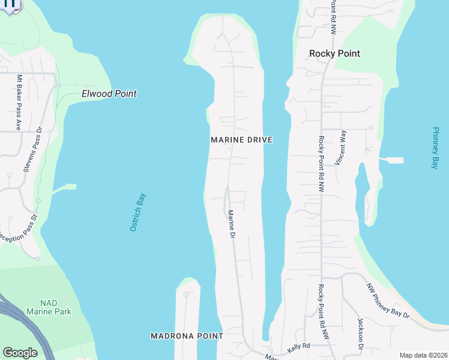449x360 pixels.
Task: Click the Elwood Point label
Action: pyautogui.click(x=109, y=94)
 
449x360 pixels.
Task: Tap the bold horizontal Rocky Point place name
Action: pyautogui.click(x=334, y=53)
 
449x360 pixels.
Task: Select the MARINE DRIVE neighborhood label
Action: pyautogui.click(x=242, y=140)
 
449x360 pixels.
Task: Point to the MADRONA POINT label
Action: pyautogui.click(x=187, y=336)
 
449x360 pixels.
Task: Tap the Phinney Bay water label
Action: pyautogui.click(x=436, y=148)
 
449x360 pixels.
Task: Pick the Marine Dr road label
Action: pyautogui.click(x=231, y=223)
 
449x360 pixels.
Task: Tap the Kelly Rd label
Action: pyautogui.click(x=298, y=346)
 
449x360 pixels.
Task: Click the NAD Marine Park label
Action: pyautogui.click(x=49, y=307)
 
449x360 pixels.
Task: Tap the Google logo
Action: pyautogui.click(x=20, y=353)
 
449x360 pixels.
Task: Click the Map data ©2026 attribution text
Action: pyautogui.click(x=423, y=355)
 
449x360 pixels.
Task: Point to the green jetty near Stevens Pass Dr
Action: pyautogui.click(x=63, y=188)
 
